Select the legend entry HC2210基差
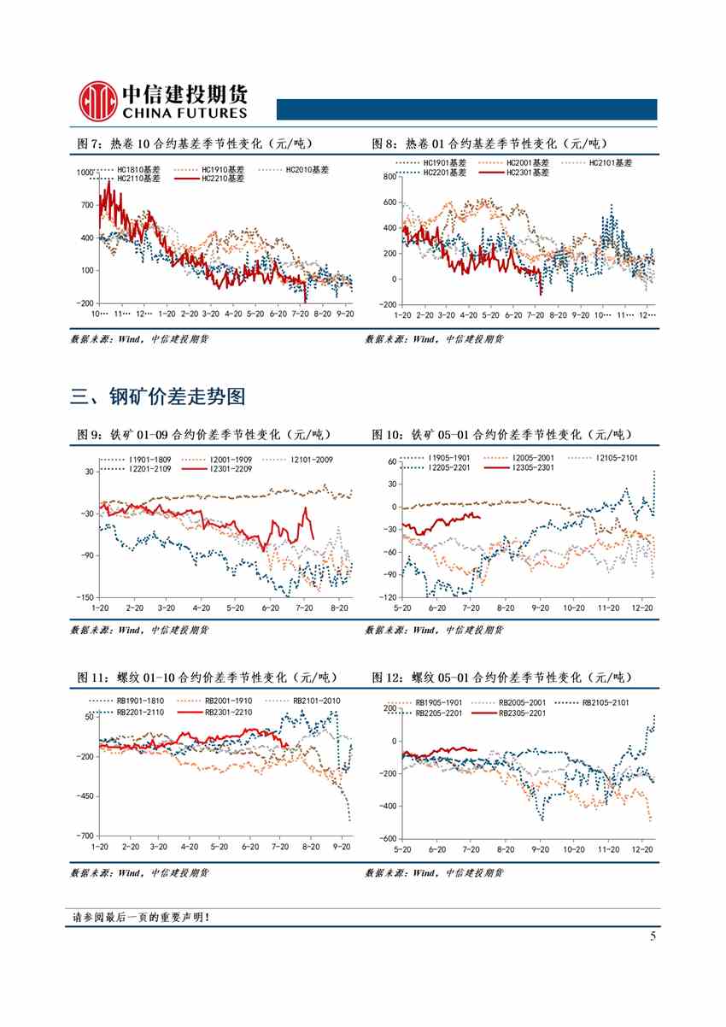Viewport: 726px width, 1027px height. pyautogui.click(x=223, y=179)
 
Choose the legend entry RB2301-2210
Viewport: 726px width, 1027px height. pyautogui.click(x=229, y=711)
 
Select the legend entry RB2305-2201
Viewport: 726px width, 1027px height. pyautogui.click(x=520, y=712)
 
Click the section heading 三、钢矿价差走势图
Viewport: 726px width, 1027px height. pyautogui.click(x=158, y=396)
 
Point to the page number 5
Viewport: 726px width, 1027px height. pyautogui.click(x=653, y=937)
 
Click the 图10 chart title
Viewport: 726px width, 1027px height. pyautogui.click(x=501, y=435)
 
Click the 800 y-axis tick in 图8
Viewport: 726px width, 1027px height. pyautogui.click(x=388, y=177)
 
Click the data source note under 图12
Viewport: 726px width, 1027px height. pyautogui.click(x=434, y=872)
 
